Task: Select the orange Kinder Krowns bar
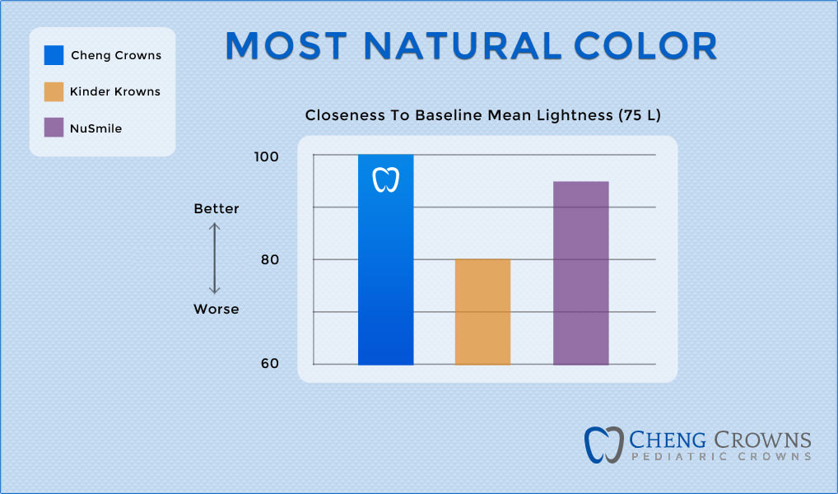click(482, 312)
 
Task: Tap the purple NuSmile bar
click(580, 273)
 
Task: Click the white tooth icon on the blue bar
click(385, 179)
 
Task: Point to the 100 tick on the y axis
click(267, 156)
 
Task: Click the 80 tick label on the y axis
click(269, 260)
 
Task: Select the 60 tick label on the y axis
click(269, 364)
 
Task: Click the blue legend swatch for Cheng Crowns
click(54, 56)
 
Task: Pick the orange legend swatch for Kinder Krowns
click(54, 92)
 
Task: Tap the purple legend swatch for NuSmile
click(54, 128)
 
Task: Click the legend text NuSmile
click(96, 128)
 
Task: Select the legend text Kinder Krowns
click(115, 92)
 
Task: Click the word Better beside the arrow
click(216, 209)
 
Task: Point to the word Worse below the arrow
click(216, 310)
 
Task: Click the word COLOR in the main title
click(646, 46)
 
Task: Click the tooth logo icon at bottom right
click(604, 445)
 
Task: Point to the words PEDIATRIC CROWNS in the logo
click(721, 456)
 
